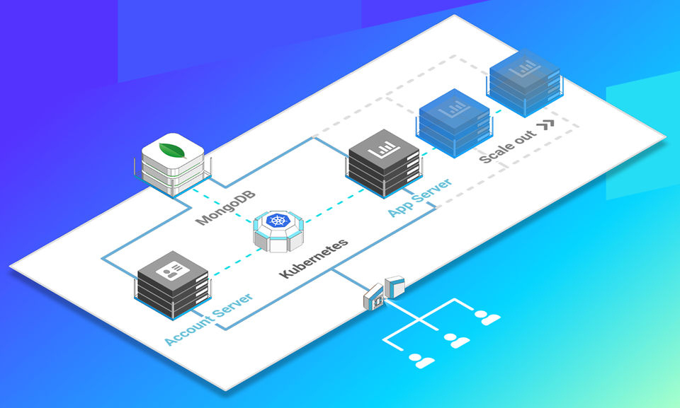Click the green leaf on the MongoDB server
coord(170,148)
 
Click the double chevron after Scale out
coord(545,125)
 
